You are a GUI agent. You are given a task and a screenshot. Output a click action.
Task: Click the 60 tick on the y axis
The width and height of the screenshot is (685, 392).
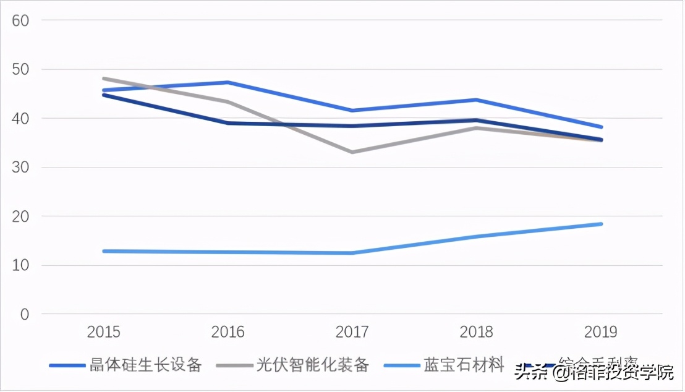click(x=21, y=20)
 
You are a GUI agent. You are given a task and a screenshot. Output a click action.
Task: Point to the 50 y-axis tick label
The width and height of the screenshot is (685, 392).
click(x=21, y=69)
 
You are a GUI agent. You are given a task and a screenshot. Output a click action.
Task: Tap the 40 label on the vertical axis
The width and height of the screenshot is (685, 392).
click(x=21, y=118)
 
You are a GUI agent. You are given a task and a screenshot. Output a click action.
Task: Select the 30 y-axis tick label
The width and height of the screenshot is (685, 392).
click(x=21, y=168)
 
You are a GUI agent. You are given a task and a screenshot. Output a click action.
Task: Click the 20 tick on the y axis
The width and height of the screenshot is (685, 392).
click(x=21, y=216)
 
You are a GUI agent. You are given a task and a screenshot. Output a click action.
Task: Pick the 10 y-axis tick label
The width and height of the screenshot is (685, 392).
click(x=21, y=266)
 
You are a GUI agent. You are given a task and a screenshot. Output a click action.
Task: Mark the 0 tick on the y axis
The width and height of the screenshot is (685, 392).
click(x=25, y=315)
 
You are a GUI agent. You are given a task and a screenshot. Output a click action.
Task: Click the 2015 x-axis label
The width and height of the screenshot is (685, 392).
click(x=104, y=332)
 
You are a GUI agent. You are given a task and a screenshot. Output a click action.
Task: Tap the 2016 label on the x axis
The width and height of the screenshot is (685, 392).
click(x=228, y=332)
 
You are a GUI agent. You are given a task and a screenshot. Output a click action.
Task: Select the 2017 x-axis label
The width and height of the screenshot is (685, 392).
click(x=352, y=332)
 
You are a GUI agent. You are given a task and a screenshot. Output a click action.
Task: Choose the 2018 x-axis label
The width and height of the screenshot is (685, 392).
click(x=477, y=332)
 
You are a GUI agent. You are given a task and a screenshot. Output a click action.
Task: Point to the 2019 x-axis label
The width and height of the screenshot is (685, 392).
click(x=601, y=332)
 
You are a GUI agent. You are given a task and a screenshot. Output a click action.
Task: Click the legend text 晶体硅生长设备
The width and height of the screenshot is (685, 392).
click(x=145, y=365)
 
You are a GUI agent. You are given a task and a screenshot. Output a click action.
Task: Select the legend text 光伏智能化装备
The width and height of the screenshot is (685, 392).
click(x=313, y=365)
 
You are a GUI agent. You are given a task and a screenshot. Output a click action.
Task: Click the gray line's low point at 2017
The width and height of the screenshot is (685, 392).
click(x=352, y=152)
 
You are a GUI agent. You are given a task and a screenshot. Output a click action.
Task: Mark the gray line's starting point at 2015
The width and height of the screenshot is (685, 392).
click(x=104, y=79)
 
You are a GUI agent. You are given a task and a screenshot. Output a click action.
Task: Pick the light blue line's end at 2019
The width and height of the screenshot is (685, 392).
click(x=601, y=224)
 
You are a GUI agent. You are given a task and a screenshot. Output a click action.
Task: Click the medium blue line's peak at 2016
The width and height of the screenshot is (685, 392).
click(x=228, y=82)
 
